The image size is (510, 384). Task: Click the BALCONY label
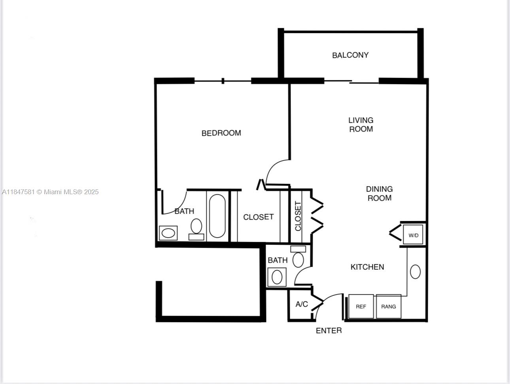pos(350,55)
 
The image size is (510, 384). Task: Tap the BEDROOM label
pos(221,133)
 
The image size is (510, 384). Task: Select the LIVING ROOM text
pos(361,125)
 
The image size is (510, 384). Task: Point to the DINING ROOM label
pos(380,193)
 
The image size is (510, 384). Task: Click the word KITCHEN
pos(367,267)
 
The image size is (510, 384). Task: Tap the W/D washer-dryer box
pos(413,235)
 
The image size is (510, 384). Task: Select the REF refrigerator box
pos(361,306)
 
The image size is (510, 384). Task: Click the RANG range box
pos(389,306)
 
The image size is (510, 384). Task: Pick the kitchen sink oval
pos(415,272)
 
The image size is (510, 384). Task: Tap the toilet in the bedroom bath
pos(196,229)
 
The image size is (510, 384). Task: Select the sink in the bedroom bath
pos(168,233)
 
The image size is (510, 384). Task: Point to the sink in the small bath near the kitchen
pos(277,277)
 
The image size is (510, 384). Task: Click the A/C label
pos(302,304)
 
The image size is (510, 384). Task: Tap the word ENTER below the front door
pos(329,331)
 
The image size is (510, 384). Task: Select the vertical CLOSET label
pos(298,216)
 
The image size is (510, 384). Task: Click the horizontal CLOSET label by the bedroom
pos(259,217)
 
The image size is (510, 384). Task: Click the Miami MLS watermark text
pos(50,192)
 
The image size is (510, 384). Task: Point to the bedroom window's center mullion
pos(223,81)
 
